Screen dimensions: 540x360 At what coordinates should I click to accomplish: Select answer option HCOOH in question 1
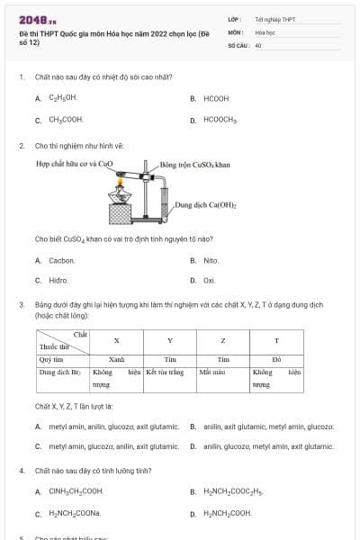(x=217, y=98)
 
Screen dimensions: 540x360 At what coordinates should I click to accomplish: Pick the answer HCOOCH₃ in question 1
(x=220, y=119)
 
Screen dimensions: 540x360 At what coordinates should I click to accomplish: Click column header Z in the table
(x=222, y=341)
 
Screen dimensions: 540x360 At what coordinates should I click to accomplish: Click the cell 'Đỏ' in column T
(x=276, y=358)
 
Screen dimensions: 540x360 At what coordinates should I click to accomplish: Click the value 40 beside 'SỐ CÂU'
(x=258, y=44)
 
